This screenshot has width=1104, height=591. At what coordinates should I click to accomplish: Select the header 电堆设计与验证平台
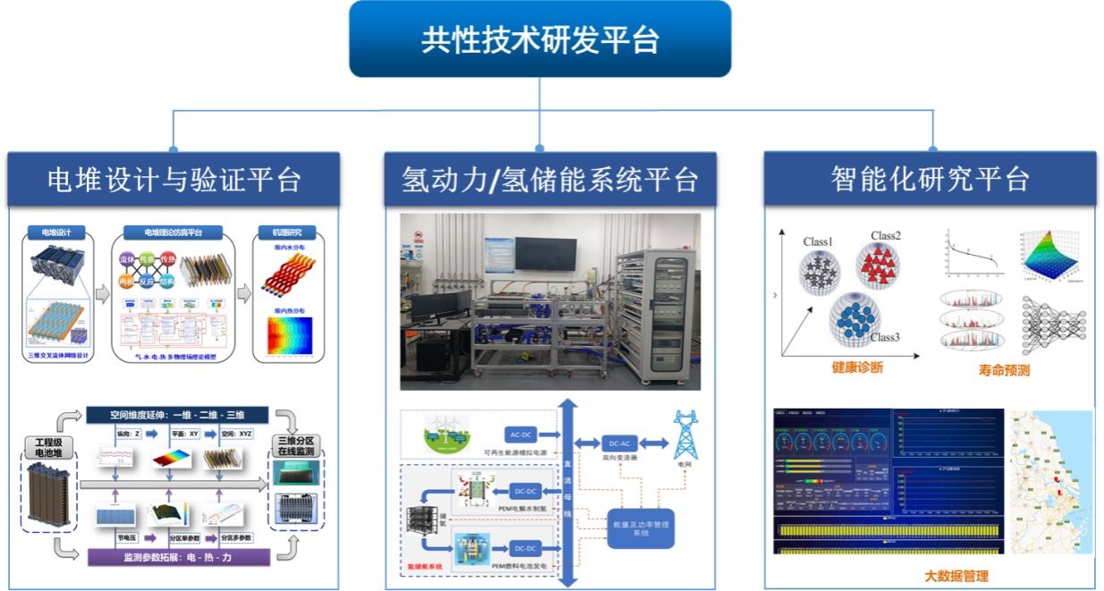coord(174,180)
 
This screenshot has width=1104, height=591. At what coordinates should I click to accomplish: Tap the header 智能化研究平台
coord(930,180)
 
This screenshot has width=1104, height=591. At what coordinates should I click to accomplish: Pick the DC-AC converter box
coord(621,443)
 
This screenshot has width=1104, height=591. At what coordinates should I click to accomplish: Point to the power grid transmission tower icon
coord(685,435)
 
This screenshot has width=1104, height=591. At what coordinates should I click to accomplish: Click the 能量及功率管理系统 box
coord(640,528)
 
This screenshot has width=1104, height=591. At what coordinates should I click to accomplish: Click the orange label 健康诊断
coord(856,367)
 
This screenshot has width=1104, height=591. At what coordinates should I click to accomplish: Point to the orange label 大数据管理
coord(955,576)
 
